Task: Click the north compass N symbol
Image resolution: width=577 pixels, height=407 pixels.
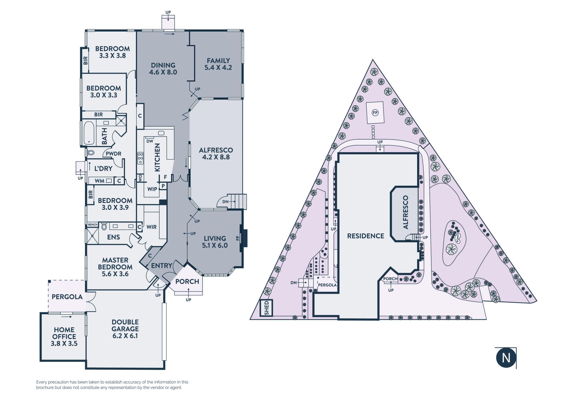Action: click(506, 357)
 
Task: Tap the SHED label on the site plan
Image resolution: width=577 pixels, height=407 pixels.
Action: click(266, 308)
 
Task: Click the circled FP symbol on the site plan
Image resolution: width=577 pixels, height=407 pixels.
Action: click(375, 113)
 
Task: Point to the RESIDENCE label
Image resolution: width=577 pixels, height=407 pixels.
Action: click(365, 236)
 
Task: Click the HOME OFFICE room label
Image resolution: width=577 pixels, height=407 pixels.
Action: click(64, 333)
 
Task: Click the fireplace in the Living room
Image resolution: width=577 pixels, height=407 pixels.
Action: click(244, 238)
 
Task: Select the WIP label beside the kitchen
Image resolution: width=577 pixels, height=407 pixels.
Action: click(152, 189)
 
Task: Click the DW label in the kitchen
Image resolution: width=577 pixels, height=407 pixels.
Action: click(149, 141)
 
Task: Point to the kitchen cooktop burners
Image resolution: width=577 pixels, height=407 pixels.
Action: click(140, 158)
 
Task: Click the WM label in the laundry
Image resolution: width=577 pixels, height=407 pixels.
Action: click(99, 181)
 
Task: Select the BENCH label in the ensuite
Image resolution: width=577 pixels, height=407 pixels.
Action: click(93, 225)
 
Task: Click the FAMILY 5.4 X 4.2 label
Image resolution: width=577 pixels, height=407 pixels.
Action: click(218, 64)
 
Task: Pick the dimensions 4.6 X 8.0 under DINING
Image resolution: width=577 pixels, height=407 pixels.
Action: click(163, 72)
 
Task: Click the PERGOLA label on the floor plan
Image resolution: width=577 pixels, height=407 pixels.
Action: click(67, 297)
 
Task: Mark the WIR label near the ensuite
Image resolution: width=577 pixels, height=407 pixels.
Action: click(151, 227)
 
